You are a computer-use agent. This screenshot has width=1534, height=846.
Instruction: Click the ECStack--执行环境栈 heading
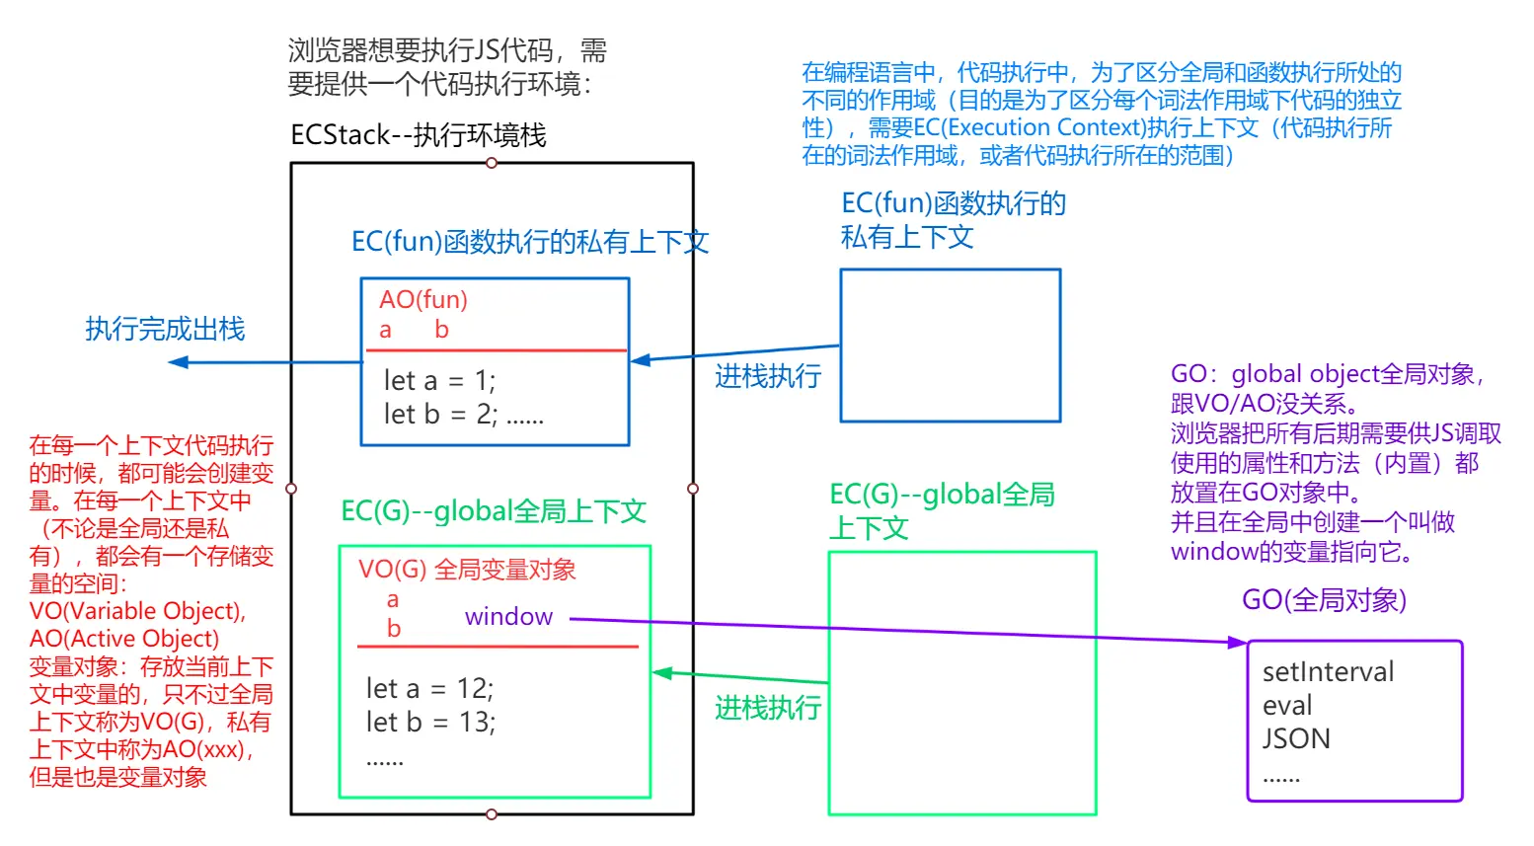[419, 135]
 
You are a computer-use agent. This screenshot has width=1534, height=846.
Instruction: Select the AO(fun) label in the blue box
[423, 300]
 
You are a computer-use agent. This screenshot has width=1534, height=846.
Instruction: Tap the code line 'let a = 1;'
[439, 381]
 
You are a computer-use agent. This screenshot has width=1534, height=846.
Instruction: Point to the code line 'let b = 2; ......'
[463, 415]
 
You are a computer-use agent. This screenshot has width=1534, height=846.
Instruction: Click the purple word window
[508, 617]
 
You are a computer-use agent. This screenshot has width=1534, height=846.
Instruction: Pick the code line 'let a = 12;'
[429, 688]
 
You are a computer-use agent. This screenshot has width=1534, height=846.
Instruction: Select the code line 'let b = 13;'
[430, 723]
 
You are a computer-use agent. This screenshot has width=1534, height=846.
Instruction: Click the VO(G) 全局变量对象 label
[467, 570]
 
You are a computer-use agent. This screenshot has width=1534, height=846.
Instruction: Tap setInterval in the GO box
[1328, 672]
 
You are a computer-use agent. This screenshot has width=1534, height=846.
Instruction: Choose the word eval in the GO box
[1287, 706]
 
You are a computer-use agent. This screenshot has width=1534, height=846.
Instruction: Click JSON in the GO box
[1296, 738]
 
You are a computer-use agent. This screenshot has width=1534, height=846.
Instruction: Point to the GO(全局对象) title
[1324, 600]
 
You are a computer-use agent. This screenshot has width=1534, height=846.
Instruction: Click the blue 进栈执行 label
[768, 376]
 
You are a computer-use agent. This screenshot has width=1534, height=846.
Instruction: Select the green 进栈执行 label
[768, 708]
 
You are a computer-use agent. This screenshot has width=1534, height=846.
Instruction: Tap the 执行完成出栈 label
[165, 329]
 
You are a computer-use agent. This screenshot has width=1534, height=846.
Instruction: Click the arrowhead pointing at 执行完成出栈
[178, 362]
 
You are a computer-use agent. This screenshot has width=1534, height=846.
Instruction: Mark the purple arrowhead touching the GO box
[1238, 643]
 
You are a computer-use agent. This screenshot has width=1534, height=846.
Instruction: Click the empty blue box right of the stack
[950, 346]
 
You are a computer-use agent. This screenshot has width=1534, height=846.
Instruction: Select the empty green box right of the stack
[961, 683]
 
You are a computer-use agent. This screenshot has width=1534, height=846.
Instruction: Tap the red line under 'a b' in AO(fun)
[496, 350]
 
